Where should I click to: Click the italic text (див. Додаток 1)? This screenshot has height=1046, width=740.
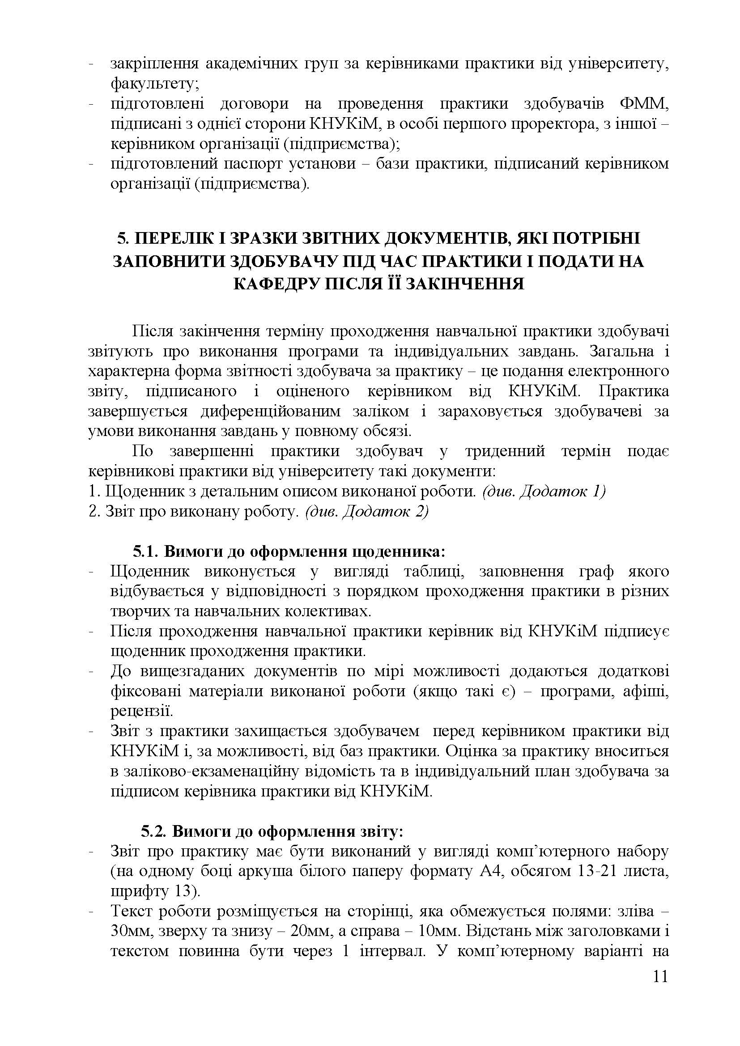pos(544,491)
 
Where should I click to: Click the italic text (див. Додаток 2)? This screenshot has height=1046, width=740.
pos(367,512)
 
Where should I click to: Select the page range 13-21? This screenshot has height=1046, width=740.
pos(603,871)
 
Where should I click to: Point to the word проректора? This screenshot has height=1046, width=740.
pos(553,124)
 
